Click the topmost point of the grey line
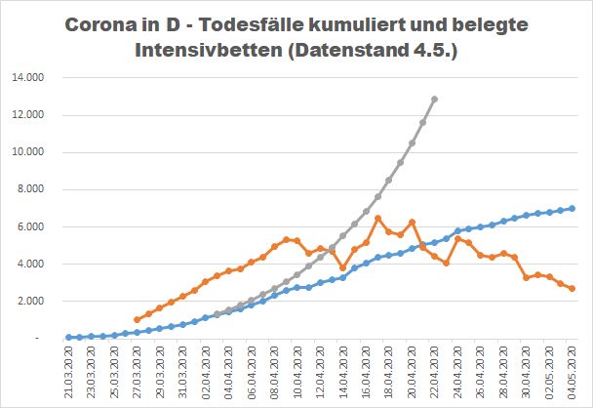click(x=434, y=100)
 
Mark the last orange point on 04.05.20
click(x=572, y=288)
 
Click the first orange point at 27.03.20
click(x=137, y=319)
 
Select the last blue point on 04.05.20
click(x=572, y=208)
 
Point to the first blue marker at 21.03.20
click(x=68, y=337)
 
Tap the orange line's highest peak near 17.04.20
click(x=377, y=218)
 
